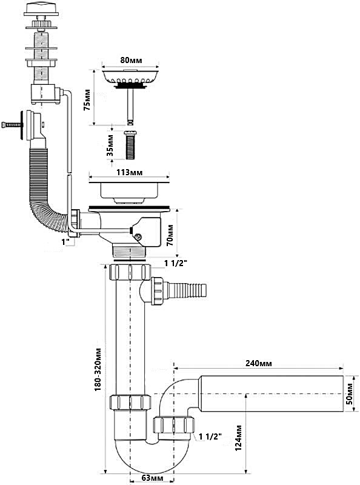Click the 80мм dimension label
coord(131,60)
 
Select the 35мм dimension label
coord(110,145)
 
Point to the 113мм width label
coord(130,172)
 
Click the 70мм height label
coord(170,235)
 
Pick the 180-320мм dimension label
coord(98,369)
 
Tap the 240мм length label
coord(259,363)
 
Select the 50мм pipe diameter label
coord(349,393)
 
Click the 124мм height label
coord(238,438)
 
